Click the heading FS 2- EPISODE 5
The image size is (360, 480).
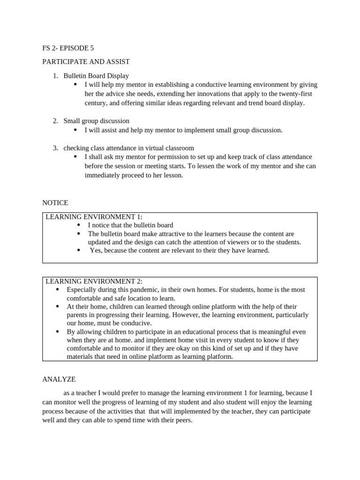coord(71,48)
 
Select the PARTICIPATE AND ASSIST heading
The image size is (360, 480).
coord(86,61)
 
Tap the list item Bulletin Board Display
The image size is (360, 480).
coord(96,75)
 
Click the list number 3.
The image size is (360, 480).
coord(55,148)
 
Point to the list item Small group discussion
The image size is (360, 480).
coord(96,121)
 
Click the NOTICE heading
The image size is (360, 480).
coord(55,203)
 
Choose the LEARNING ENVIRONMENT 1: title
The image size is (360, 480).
coord(94,217)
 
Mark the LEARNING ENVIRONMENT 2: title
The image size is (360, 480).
coord(94,281)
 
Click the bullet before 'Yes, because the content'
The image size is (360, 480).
coord(78,250)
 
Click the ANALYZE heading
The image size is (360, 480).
coord(59,379)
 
